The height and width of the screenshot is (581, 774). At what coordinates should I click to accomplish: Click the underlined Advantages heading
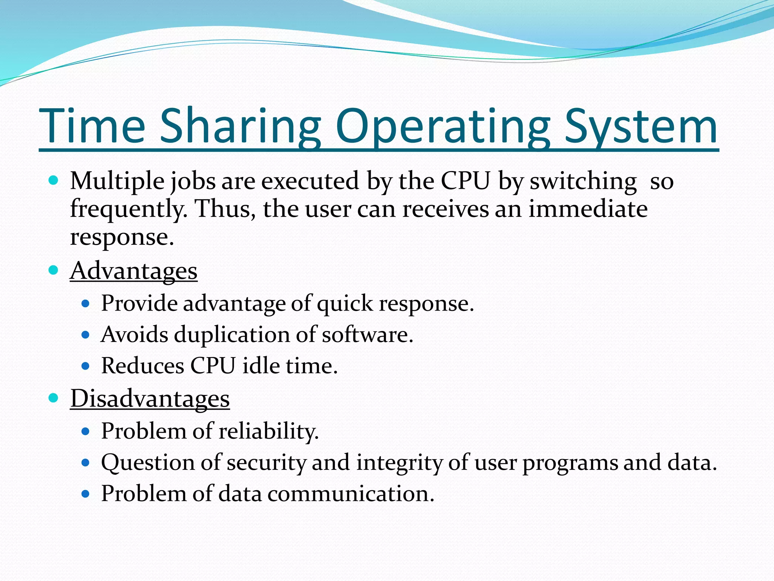tap(134, 271)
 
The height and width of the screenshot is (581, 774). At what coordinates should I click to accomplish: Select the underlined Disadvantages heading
tap(150, 399)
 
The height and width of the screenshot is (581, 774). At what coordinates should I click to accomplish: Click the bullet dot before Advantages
tap(54, 270)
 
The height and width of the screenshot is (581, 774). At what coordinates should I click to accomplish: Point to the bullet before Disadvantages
tap(54, 398)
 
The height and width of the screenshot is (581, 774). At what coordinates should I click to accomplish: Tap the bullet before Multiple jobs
tap(54, 180)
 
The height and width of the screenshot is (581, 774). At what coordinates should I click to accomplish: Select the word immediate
tap(588, 209)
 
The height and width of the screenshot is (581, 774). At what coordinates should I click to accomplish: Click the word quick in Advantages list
tap(345, 304)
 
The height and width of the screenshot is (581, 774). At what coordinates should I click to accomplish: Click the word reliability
tap(269, 431)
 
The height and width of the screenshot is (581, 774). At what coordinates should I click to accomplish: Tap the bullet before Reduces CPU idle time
tap(85, 366)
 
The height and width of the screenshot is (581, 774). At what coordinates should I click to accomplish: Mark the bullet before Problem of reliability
tap(85, 431)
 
